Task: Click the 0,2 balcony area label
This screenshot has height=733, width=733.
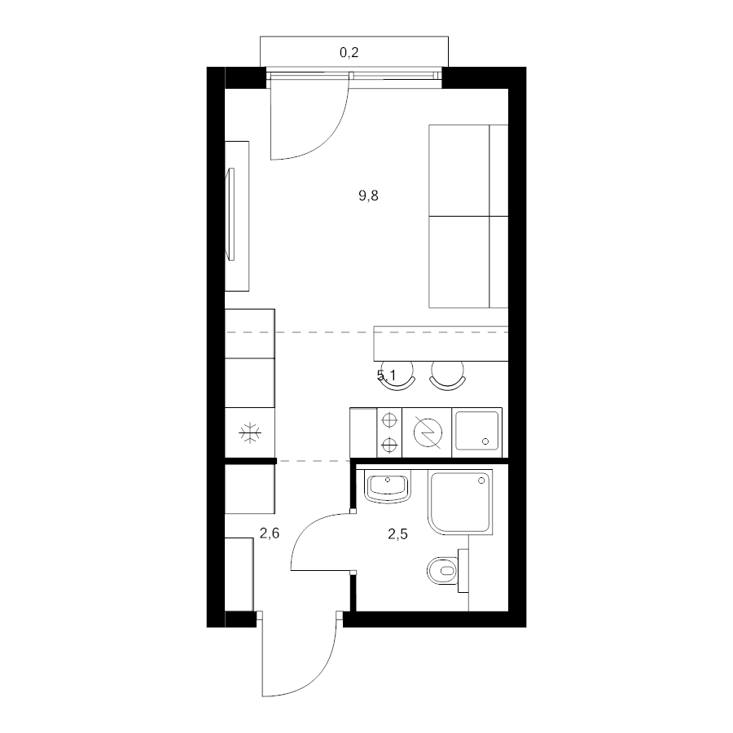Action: (349, 52)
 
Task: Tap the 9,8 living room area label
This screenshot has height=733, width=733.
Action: (368, 195)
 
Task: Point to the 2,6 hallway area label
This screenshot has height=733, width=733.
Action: (270, 533)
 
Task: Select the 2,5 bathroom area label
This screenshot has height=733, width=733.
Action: (397, 533)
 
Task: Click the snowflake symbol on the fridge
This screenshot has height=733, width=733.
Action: (250, 433)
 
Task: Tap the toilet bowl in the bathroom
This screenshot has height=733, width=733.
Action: (443, 571)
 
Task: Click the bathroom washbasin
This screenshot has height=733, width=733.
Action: (387, 488)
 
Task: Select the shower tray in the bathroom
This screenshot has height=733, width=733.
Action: (460, 502)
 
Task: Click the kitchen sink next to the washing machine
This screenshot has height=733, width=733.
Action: (476, 432)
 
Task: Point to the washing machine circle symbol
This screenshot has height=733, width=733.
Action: (428, 433)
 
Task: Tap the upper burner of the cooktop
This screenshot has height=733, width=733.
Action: (389, 420)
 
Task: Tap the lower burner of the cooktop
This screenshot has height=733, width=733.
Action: (389, 445)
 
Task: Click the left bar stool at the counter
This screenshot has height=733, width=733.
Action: (397, 375)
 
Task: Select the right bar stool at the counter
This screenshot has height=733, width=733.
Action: (447, 375)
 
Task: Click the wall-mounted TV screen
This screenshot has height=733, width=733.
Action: (230, 214)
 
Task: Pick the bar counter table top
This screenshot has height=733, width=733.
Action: (441, 344)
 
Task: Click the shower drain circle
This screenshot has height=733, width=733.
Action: (481, 481)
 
